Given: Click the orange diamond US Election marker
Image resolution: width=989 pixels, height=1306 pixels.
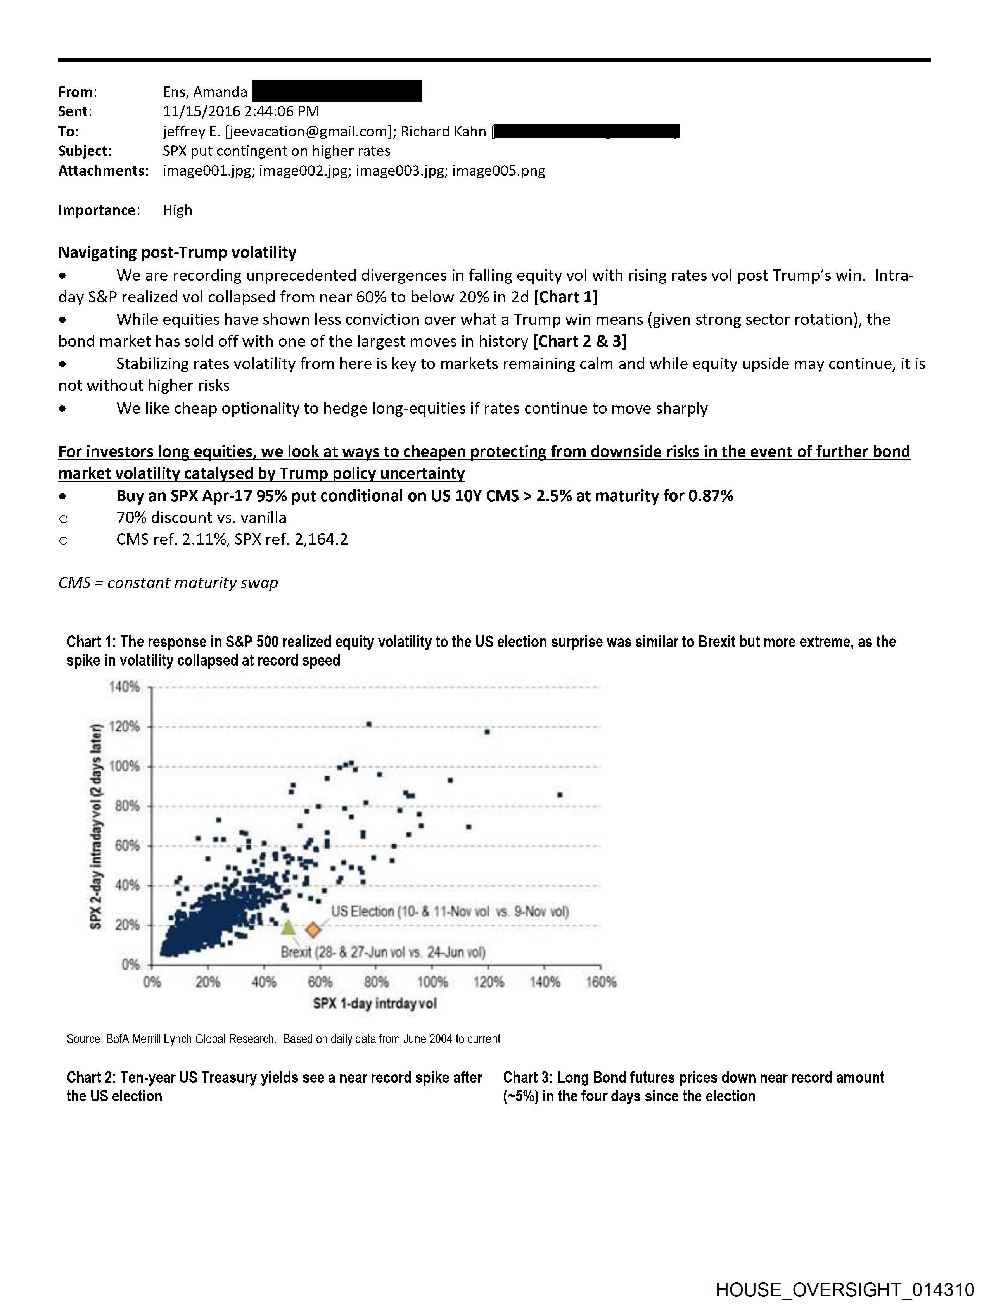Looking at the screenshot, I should coord(313,930).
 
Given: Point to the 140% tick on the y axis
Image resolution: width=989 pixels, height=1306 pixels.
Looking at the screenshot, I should coord(124,687).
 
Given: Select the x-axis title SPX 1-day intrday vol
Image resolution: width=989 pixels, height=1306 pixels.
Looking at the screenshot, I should coord(375,1003).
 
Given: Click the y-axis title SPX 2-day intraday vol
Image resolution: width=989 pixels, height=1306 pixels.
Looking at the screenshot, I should coord(96,826).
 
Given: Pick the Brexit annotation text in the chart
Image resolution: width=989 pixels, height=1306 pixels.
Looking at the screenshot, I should coord(383,952).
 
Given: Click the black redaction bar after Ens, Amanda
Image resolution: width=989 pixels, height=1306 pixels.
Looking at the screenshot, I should coord(337,91).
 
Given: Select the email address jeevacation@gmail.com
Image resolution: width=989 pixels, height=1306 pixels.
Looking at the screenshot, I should coord(308,131).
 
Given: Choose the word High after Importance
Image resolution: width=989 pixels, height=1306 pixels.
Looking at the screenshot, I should coord(177,210).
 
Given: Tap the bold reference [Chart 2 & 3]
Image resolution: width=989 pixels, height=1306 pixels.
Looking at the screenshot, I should coord(579,341).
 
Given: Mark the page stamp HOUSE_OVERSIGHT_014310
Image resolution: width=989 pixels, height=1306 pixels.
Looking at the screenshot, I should coord(844,1289).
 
